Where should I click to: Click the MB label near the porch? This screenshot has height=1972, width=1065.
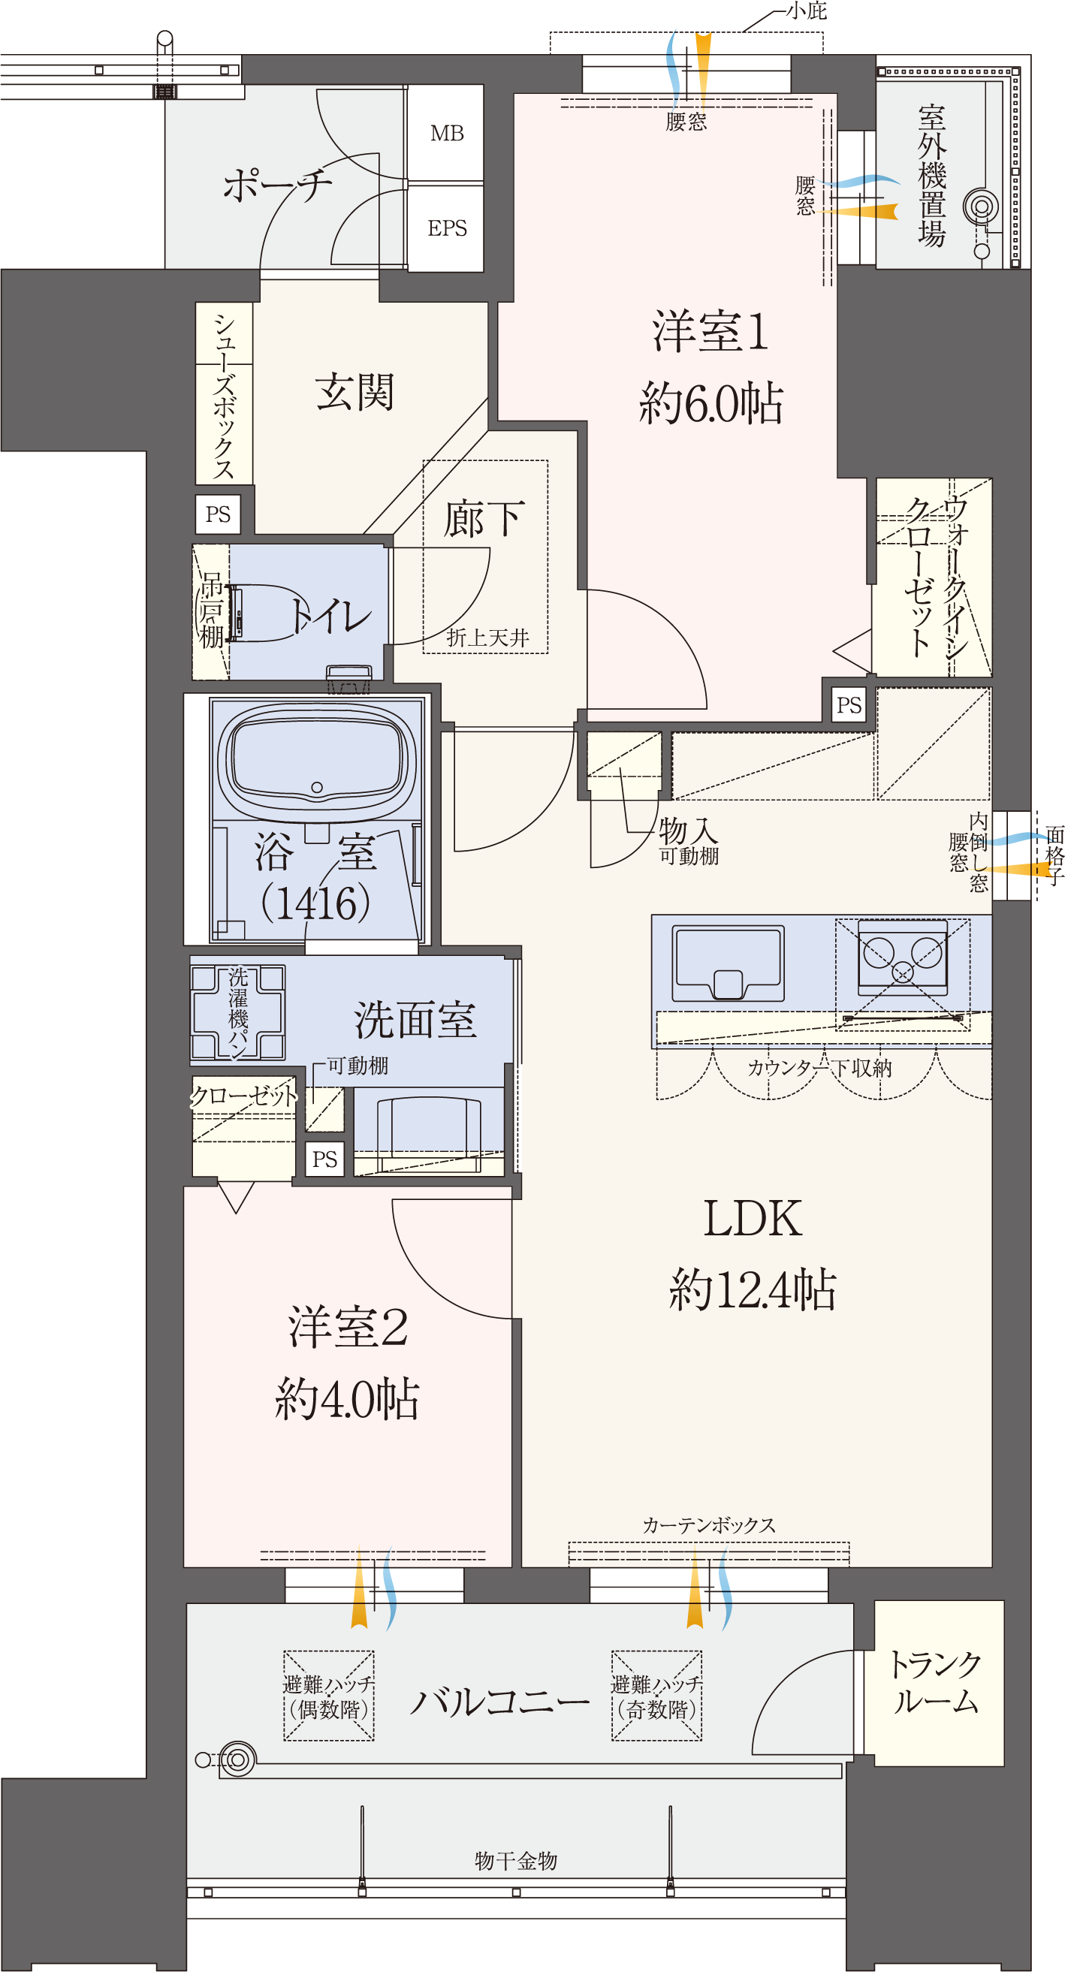(x=446, y=134)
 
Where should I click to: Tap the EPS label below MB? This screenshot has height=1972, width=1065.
(x=447, y=228)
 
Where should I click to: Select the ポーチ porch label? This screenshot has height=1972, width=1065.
(x=277, y=185)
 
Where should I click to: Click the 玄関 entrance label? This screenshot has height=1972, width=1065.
(x=354, y=393)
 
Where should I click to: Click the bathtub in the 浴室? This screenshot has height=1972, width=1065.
(x=317, y=758)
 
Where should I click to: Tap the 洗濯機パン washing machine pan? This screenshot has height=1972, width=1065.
(x=238, y=1012)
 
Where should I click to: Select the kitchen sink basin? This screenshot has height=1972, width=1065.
(x=727, y=963)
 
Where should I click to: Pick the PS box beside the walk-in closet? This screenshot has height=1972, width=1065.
(x=849, y=705)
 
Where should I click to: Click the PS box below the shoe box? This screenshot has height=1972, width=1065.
(x=219, y=514)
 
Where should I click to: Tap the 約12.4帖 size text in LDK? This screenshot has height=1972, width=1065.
(x=753, y=1289)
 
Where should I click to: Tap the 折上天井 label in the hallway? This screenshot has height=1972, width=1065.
(x=487, y=638)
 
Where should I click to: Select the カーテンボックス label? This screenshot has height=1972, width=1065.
(x=709, y=1525)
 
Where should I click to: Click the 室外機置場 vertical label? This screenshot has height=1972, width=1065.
(x=932, y=176)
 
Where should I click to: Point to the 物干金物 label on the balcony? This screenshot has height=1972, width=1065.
(x=515, y=1860)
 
